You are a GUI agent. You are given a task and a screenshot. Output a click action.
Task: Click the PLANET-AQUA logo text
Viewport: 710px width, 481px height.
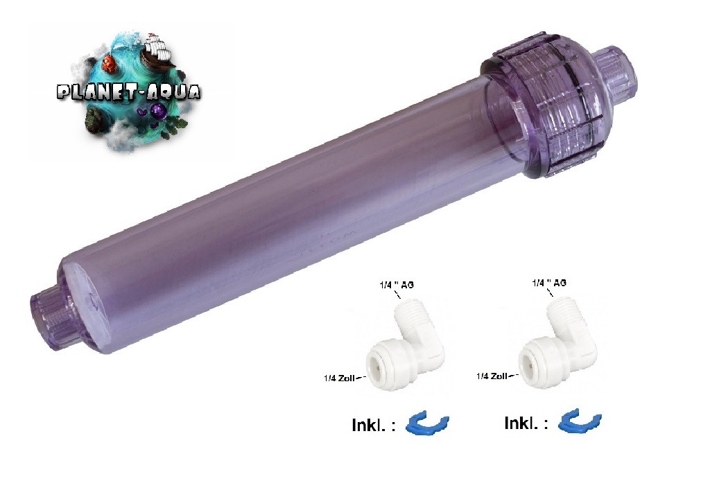tap(128, 92)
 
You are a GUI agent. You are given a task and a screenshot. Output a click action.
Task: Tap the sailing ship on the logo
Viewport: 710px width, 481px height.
tap(157, 49)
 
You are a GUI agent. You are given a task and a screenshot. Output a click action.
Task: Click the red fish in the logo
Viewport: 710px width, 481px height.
tap(109, 63)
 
